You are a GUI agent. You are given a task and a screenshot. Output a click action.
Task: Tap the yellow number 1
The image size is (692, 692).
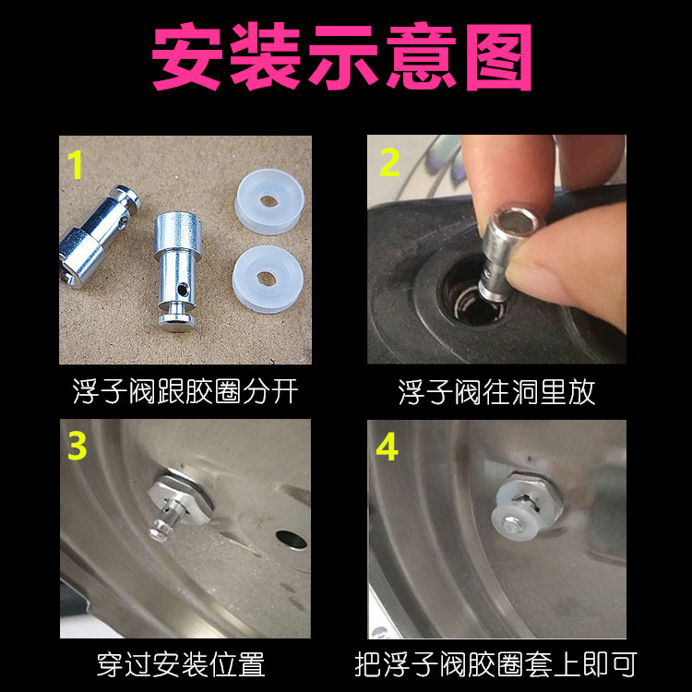click(77, 165)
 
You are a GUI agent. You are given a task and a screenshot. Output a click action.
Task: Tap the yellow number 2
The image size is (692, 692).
click(389, 163)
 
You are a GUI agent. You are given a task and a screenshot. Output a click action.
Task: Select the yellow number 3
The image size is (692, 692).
click(78, 446)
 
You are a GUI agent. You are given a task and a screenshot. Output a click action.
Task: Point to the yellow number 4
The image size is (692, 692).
click(388, 447)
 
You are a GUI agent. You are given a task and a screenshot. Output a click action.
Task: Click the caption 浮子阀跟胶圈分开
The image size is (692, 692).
click(185, 391)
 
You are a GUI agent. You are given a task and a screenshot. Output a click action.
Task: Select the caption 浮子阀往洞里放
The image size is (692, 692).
click(496, 391)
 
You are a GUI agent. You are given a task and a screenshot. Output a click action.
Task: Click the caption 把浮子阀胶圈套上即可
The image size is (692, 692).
click(495, 663)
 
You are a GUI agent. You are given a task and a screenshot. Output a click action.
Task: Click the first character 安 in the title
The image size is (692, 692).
click(189, 57)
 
